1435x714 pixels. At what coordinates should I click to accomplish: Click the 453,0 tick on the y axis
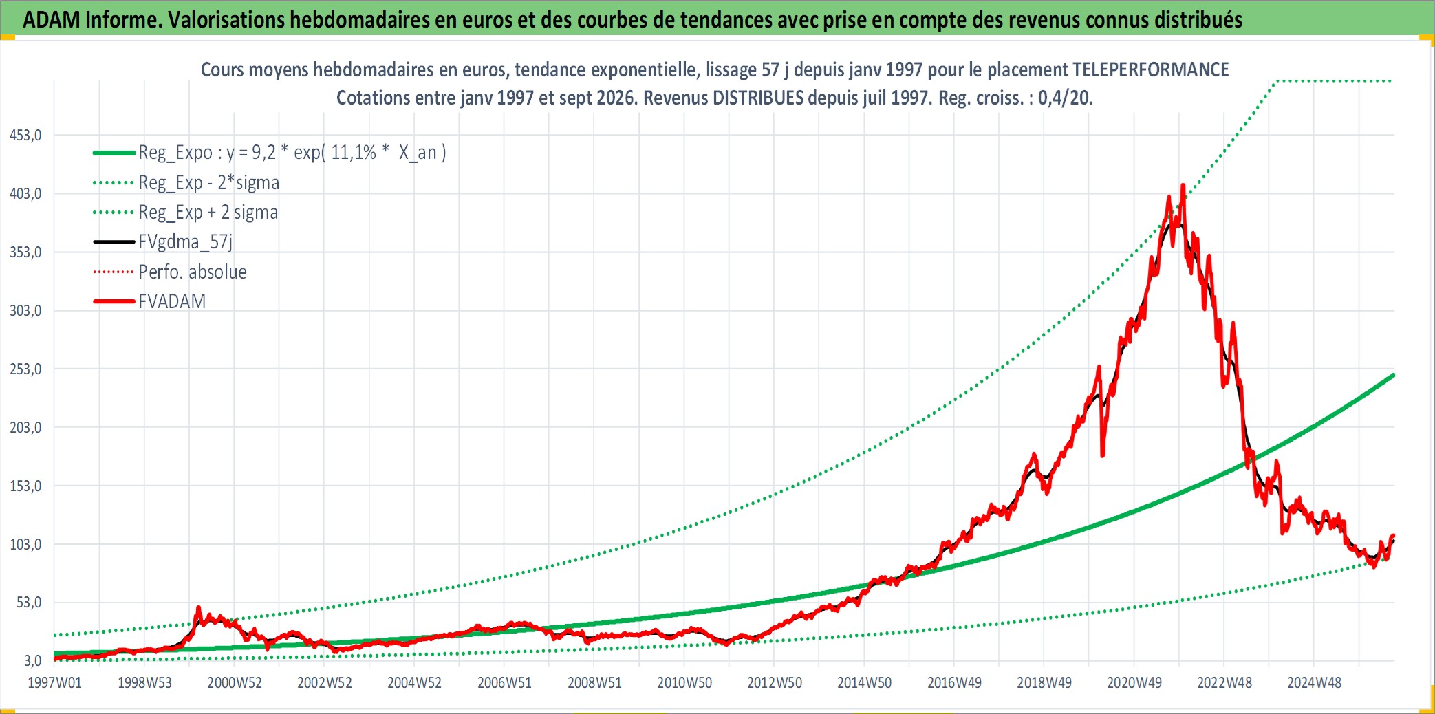pyautogui.click(x=25, y=136)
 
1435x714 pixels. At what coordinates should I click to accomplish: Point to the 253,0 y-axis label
pyautogui.click(x=25, y=369)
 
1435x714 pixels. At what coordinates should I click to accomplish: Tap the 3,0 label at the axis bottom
pyautogui.click(x=32, y=661)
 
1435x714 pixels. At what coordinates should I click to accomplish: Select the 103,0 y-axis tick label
pyautogui.click(x=25, y=545)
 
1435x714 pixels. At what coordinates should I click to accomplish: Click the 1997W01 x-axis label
pyautogui.click(x=54, y=683)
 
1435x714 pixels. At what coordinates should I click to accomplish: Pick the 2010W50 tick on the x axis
pyautogui.click(x=684, y=683)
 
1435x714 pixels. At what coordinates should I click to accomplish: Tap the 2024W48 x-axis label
pyautogui.click(x=1314, y=683)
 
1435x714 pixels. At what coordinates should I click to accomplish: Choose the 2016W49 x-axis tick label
pyautogui.click(x=954, y=683)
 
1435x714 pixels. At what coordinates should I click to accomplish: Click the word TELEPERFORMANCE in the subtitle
pyautogui.click(x=1151, y=70)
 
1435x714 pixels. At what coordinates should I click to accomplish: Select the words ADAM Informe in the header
pyautogui.click(x=92, y=20)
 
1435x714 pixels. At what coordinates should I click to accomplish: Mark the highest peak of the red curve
pyautogui.click(x=1183, y=184)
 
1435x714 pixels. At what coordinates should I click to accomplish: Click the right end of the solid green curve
pyautogui.click(x=1393, y=375)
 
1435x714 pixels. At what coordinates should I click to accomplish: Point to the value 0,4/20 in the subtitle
pyautogui.click(x=1064, y=98)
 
